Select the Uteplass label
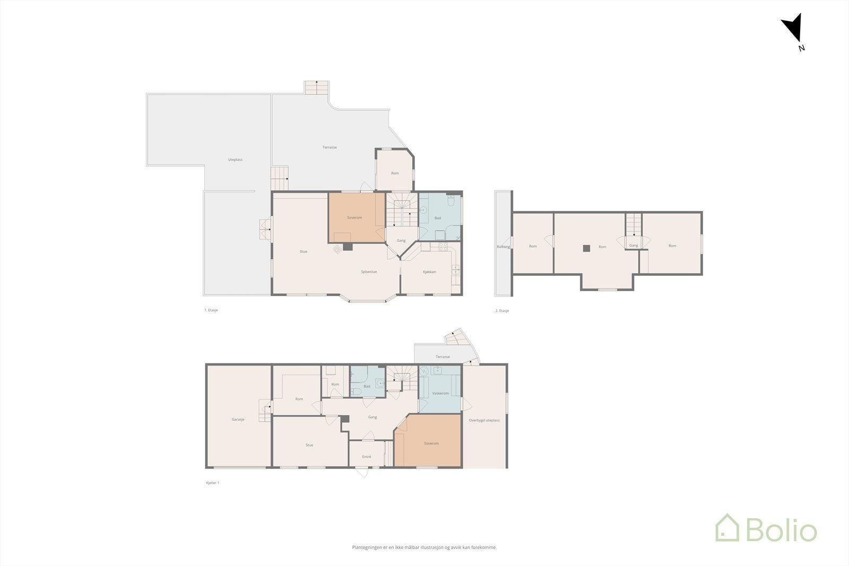coord(235,160)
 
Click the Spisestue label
coord(369,272)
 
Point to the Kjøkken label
coord(429,272)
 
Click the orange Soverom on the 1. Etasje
coord(354,217)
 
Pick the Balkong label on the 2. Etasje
coord(503,247)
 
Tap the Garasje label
coord(238,420)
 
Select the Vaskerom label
coord(440,394)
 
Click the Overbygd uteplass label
coord(484,420)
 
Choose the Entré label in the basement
coord(367,457)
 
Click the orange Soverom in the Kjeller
coord(431,443)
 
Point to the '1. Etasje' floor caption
coord(211,310)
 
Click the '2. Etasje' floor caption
coord(502,311)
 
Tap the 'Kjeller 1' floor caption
coord(212,483)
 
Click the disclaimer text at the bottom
coord(424,547)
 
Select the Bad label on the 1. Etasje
coord(438,218)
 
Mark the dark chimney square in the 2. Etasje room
coord(586,248)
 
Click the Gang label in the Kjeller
coord(372,417)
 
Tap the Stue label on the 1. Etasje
coord(303,252)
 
